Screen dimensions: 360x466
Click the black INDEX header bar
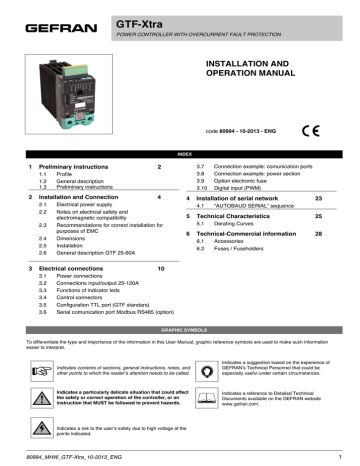coord(180,155)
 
